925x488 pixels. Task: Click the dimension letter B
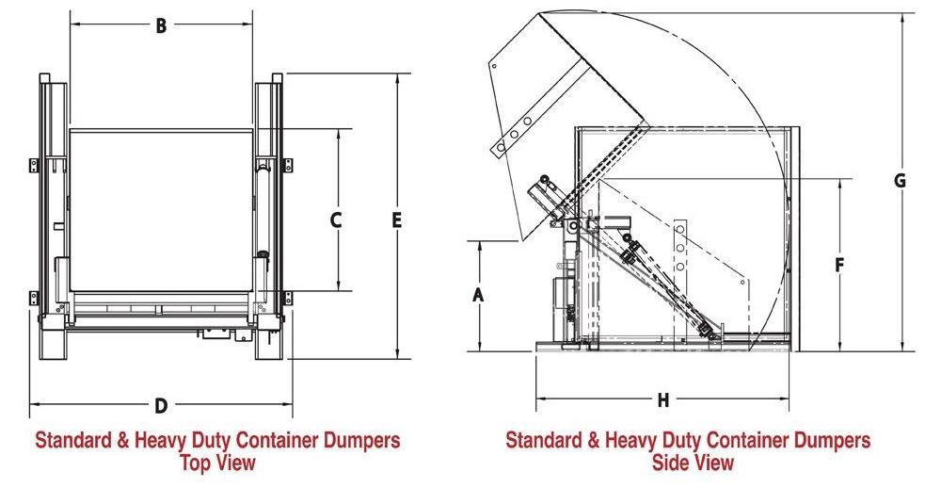click(x=161, y=26)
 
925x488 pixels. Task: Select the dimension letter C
click(x=336, y=220)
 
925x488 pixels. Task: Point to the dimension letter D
click(x=161, y=406)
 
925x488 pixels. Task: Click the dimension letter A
click(x=478, y=295)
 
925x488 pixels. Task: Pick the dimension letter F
click(x=838, y=266)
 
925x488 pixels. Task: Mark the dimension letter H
click(x=662, y=400)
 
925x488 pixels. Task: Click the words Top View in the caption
click(x=217, y=463)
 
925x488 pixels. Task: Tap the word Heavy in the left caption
click(x=152, y=441)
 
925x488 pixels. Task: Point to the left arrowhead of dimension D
click(x=35, y=406)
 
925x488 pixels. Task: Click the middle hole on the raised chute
click(x=516, y=134)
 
